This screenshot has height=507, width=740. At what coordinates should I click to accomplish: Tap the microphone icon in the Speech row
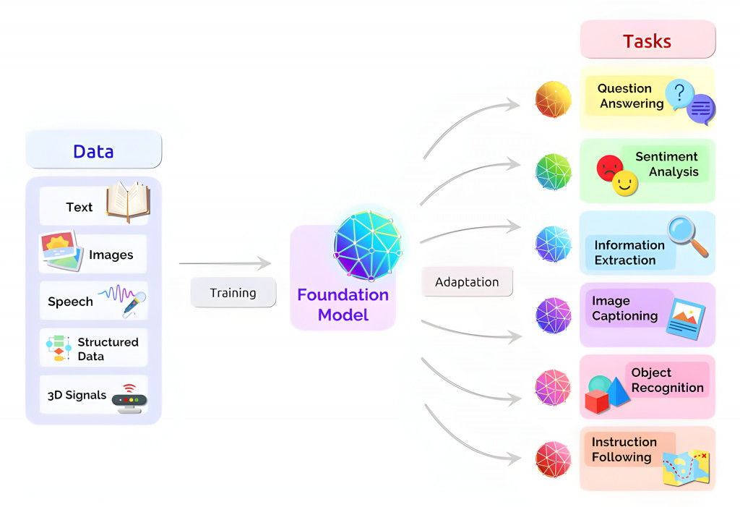[134, 304]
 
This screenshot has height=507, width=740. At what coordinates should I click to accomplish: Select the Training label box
[233, 293]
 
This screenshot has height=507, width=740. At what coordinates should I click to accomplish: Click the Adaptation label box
[467, 282]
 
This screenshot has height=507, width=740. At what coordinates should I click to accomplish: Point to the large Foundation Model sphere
[368, 244]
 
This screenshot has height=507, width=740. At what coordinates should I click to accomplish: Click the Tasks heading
[647, 41]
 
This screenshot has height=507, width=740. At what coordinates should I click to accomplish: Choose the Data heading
[93, 151]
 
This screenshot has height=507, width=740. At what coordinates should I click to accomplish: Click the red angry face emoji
[609, 169]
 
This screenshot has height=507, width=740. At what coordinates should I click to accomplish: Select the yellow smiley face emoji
[625, 184]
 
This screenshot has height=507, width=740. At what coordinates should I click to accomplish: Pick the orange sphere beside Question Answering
[553, 100]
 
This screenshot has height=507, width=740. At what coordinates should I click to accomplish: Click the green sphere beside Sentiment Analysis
[554, 171]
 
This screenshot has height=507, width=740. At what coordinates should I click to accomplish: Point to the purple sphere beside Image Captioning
[554, 315]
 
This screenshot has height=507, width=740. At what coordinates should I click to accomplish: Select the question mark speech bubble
[679, 94]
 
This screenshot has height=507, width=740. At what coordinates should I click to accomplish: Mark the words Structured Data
[108, 349]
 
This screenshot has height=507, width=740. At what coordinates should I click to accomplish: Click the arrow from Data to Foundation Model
[225, 264]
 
